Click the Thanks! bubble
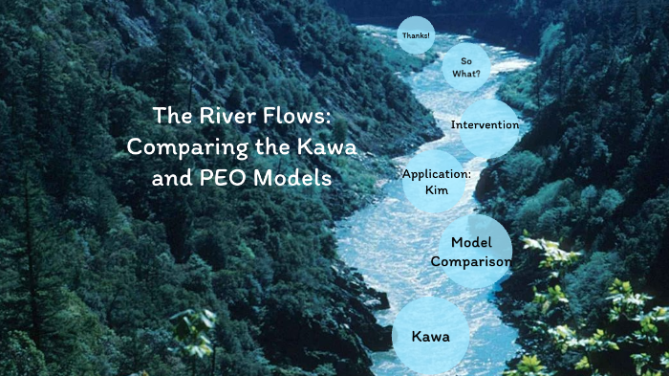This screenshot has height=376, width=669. point(415,35)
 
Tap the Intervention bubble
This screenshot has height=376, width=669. point(486,125)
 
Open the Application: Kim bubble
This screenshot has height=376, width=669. point(437,181)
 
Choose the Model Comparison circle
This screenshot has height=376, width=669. point(473,252)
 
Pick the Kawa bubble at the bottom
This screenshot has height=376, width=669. point(430,337)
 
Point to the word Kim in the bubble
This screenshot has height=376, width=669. point(437,189)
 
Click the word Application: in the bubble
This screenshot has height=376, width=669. point(437,174)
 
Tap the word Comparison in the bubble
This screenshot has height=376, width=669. point(471,261)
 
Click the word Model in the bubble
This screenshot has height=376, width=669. point(471,243)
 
